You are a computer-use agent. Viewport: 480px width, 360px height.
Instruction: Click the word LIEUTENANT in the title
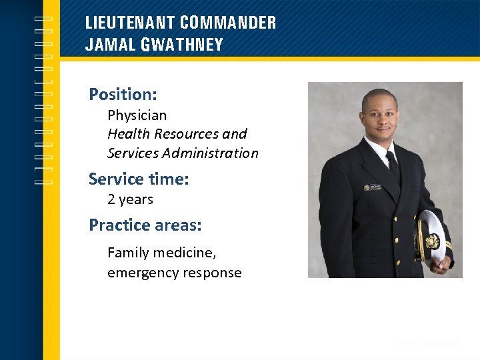click(x=131, y=23)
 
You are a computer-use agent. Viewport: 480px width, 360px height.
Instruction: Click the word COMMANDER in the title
click(x=228, y=23)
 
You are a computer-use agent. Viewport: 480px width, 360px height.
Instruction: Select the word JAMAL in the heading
click(x=107, y=45)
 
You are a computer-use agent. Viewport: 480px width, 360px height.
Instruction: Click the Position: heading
click(x=123, y=94)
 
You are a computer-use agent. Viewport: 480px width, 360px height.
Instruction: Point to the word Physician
click(x=137, y=115)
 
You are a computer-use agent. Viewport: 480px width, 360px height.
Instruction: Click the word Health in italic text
click(x=126, y=134)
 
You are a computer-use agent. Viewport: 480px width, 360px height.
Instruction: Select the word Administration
click(x=210, y=153)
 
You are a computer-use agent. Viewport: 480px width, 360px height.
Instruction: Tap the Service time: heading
click(x=139, y=179)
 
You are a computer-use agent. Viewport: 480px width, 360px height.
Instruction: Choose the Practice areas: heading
click(x=145, y=225)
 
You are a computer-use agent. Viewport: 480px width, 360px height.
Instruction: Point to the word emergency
click(x=139, y=273)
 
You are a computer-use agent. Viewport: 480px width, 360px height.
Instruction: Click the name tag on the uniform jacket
click(x=373, y=187)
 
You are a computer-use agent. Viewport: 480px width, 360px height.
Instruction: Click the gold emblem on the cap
click(x=431, y=241)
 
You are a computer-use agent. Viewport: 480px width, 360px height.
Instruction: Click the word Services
click(x=132, y=153)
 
